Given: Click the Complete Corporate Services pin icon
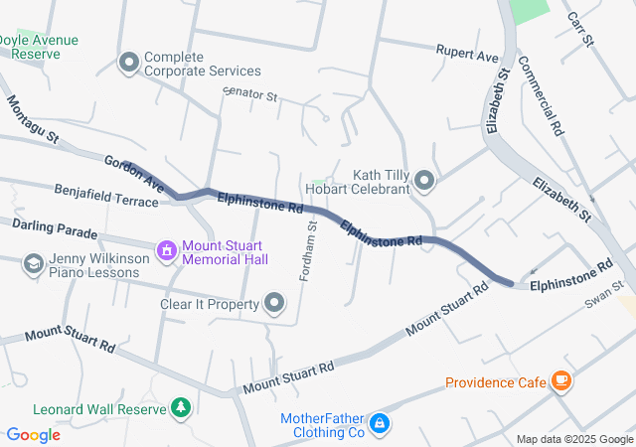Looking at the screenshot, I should pos(128,64).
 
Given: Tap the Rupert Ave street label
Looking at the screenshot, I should pos(467,53).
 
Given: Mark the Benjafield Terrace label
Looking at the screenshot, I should pos(106,195).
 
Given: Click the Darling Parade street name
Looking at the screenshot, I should pos(56,231).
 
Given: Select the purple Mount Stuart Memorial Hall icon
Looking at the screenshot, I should pos(167,248).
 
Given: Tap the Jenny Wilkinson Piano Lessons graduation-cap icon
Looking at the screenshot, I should pos(34,263).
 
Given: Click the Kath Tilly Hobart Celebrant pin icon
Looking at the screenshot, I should pos(424,181).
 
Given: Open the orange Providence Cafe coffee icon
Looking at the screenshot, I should pos(562,380).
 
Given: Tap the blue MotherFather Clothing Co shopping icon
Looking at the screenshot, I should pos(378,425).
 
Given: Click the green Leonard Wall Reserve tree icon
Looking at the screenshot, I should pos(180,407).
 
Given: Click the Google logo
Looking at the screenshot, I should pos(33,434).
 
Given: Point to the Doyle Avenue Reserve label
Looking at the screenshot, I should pos(40,47).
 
